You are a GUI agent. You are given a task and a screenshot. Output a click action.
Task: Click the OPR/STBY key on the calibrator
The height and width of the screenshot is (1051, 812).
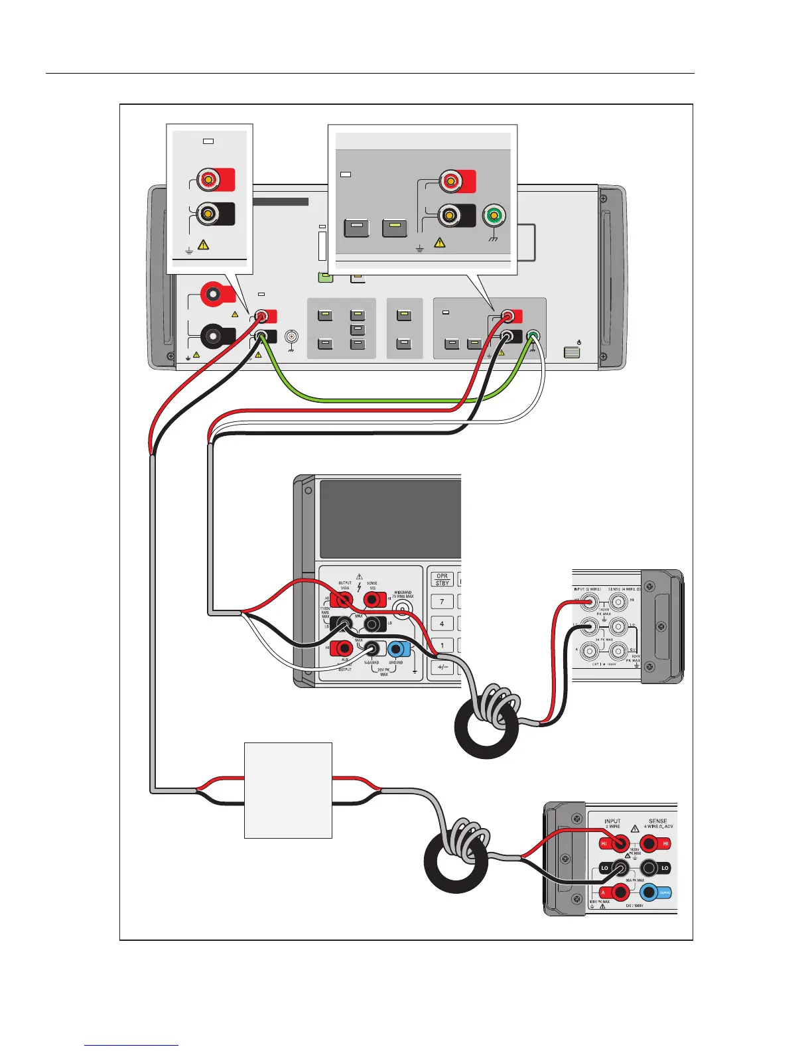click(442, 579)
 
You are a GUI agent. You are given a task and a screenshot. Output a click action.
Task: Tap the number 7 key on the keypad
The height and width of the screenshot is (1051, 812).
click(442, 602)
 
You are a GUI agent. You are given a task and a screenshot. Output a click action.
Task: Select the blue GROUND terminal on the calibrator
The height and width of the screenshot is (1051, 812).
click(397, 649)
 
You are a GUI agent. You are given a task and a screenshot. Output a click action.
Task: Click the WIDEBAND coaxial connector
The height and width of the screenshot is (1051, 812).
click(401, 609)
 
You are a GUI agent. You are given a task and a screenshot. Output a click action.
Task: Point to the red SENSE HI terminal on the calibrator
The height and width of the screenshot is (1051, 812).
click(373, 600)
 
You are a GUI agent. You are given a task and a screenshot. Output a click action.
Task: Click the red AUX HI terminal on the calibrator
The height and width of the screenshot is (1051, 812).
click(344, 648)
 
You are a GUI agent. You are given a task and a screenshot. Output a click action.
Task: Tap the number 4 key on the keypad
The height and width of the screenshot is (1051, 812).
click(442, 624)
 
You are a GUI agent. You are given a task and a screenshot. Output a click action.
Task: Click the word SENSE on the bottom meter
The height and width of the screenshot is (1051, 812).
click(657, 821)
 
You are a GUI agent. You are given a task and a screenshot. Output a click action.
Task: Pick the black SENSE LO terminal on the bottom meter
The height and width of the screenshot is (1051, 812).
click(649, 867)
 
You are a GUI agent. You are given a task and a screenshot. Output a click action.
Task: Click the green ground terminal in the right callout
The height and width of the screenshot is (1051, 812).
click(494, 216)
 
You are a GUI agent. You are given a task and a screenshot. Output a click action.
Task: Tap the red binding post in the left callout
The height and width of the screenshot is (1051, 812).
click(208, 179)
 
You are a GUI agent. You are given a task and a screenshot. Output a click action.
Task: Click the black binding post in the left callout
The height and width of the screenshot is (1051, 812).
click(208, 214)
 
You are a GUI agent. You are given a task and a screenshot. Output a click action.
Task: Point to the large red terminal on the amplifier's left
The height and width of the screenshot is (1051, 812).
click(213, 292)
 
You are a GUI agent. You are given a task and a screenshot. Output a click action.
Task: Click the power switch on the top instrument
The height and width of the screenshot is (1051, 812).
click(572, 352)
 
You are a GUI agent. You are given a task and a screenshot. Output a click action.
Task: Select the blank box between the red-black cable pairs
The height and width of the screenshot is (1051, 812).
click(288, 790)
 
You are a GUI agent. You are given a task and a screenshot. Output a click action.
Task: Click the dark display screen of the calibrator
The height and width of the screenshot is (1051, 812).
click(390, 519)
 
